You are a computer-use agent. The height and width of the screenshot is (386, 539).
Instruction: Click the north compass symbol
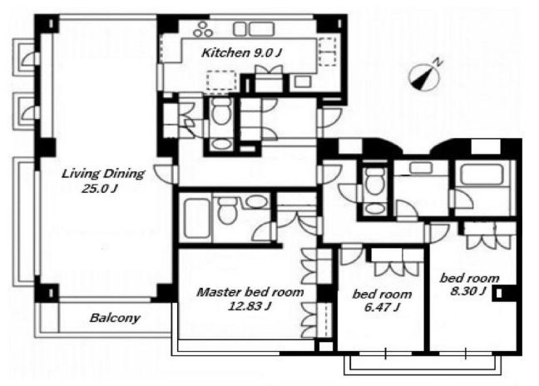tap(424, 77)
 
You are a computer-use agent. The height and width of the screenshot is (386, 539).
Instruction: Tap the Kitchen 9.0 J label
tap(241, 52)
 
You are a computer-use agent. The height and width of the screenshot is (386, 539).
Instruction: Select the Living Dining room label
tap(103, 174)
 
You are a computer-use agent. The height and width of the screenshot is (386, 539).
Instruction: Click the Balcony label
tap(115, 318)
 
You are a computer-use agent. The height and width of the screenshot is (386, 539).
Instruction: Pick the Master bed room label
tap(250, 292)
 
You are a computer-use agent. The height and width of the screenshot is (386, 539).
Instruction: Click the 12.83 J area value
tap(250, 305)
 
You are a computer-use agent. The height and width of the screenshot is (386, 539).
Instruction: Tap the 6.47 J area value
tap(382, 307)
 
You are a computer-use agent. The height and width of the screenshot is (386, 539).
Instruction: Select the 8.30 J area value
tap(468, 291)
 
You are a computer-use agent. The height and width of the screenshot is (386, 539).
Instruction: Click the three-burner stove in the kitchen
tap(203, 30)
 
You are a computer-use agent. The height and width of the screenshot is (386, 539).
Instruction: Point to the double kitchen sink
tap(254, 29)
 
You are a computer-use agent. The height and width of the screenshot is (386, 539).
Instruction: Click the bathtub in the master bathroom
tap(197, 219)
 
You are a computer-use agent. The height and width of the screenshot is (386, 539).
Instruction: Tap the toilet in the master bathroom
tap(228, 210)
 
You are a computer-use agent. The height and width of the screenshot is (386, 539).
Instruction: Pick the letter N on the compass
tap(438, 62)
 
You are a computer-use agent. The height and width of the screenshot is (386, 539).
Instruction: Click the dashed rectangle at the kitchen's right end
tap(327, 52)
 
